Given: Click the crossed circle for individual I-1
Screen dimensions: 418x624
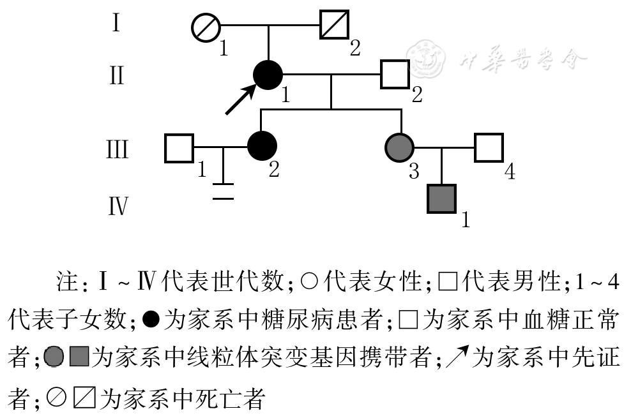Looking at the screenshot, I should (206, 29).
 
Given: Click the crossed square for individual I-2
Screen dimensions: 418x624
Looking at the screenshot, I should (334, 26).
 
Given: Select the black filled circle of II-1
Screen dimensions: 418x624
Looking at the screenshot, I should (268, 75).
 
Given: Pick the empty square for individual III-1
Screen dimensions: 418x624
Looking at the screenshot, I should (179, 148).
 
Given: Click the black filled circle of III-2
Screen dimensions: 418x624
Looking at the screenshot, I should (262, 146).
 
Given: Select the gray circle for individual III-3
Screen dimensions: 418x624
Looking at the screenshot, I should (400, 147).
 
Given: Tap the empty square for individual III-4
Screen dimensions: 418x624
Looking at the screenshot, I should (489, 147).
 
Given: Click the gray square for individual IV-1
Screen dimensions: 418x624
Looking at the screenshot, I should (441, 198).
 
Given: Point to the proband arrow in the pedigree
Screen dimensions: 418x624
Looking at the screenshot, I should (240, 100).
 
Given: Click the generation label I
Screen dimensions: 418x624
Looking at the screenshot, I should (116, 25).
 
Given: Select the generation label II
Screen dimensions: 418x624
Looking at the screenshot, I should (116, 75).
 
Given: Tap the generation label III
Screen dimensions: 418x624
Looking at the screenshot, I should (117, 150).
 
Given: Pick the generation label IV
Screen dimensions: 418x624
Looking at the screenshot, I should (118, 207).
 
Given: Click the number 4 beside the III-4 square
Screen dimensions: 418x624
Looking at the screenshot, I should (510, 172).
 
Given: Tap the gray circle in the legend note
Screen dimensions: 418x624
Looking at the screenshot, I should (55, 357).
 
